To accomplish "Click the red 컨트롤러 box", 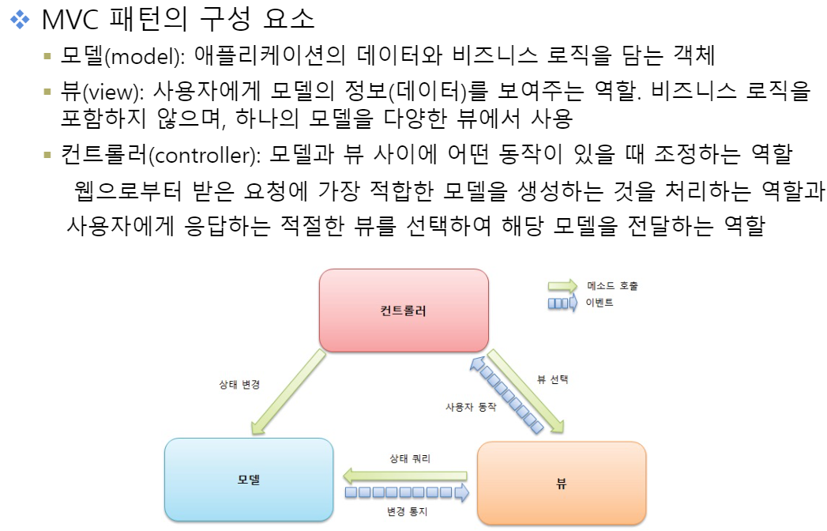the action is (x=403, y=310).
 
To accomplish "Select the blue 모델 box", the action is (x=249, y=480).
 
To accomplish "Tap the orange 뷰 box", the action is (x=562, y=481).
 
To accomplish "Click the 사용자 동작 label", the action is (x=471, y=406).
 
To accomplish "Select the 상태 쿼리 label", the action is (x=410, y=458).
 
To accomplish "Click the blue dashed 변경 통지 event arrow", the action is (x=407, y=494).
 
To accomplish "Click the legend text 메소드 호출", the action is (x=613, y=285).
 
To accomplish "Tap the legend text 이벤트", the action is (x=600, y=302).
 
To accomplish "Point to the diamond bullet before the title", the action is (x=20, y=19).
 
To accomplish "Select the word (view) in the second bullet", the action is (x=111, y=92).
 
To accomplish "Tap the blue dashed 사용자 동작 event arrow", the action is (x=506, y=394).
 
